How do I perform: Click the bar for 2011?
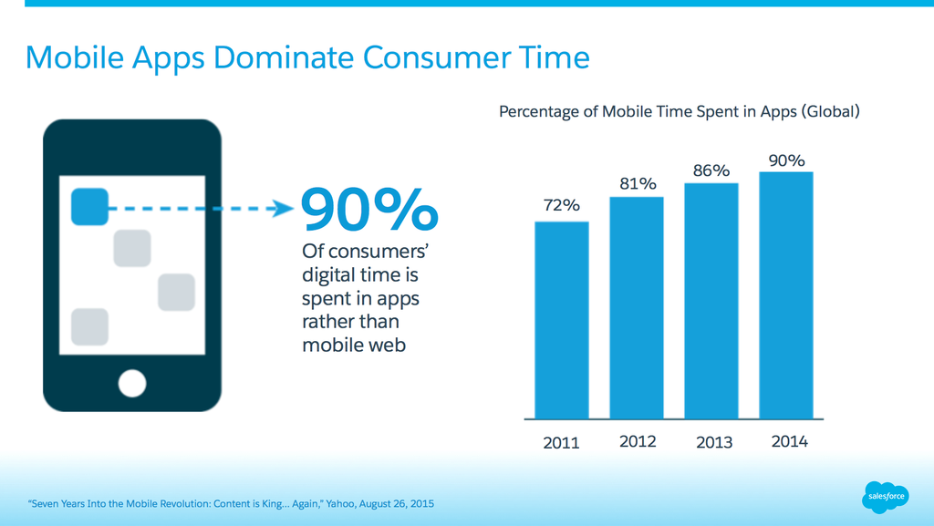coord(561,320)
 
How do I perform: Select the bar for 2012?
coord(637,307)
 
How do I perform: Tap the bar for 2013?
coord(711,301)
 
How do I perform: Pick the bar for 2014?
coord(785,295)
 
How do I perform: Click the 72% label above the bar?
coord(561,205)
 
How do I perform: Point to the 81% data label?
coord(637,183)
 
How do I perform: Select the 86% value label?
coord(711,170)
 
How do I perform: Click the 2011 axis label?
coord(561,443)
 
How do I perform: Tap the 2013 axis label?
coord(713,443)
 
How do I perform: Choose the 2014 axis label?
coord(789,442)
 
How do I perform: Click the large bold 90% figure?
coord(369,210)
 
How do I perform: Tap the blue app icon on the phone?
coord(89,206)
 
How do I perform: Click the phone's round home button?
coord(132,383)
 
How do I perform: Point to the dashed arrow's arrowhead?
coord(283,209)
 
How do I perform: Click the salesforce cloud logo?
coord(884,497)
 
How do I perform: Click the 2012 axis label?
coord(638,442)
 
